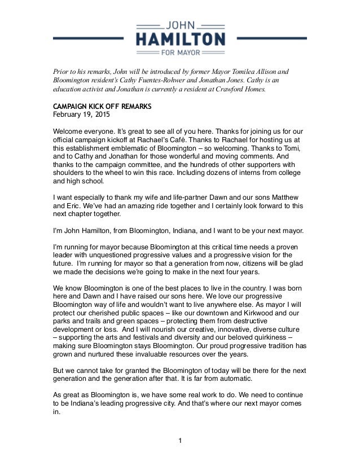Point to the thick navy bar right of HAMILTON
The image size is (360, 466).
pyautogui.click(x=273, y=38)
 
